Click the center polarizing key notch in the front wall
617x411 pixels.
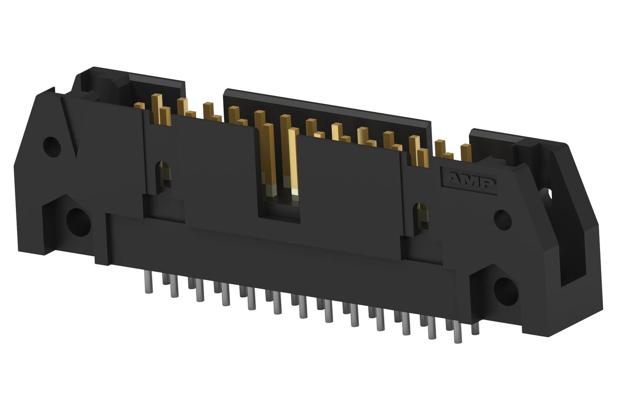279,208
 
